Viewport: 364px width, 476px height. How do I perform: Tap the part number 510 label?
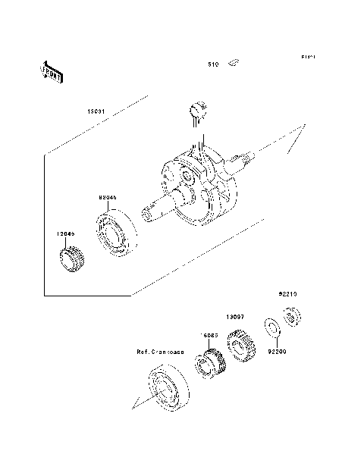tap(214, 65)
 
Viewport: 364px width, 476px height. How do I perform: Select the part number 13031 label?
tap(97, 111)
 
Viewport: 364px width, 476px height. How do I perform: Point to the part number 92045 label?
tap(108, 196)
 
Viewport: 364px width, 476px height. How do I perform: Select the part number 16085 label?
tap(210, 334)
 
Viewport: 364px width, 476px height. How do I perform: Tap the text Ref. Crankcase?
tap(160, 352)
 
